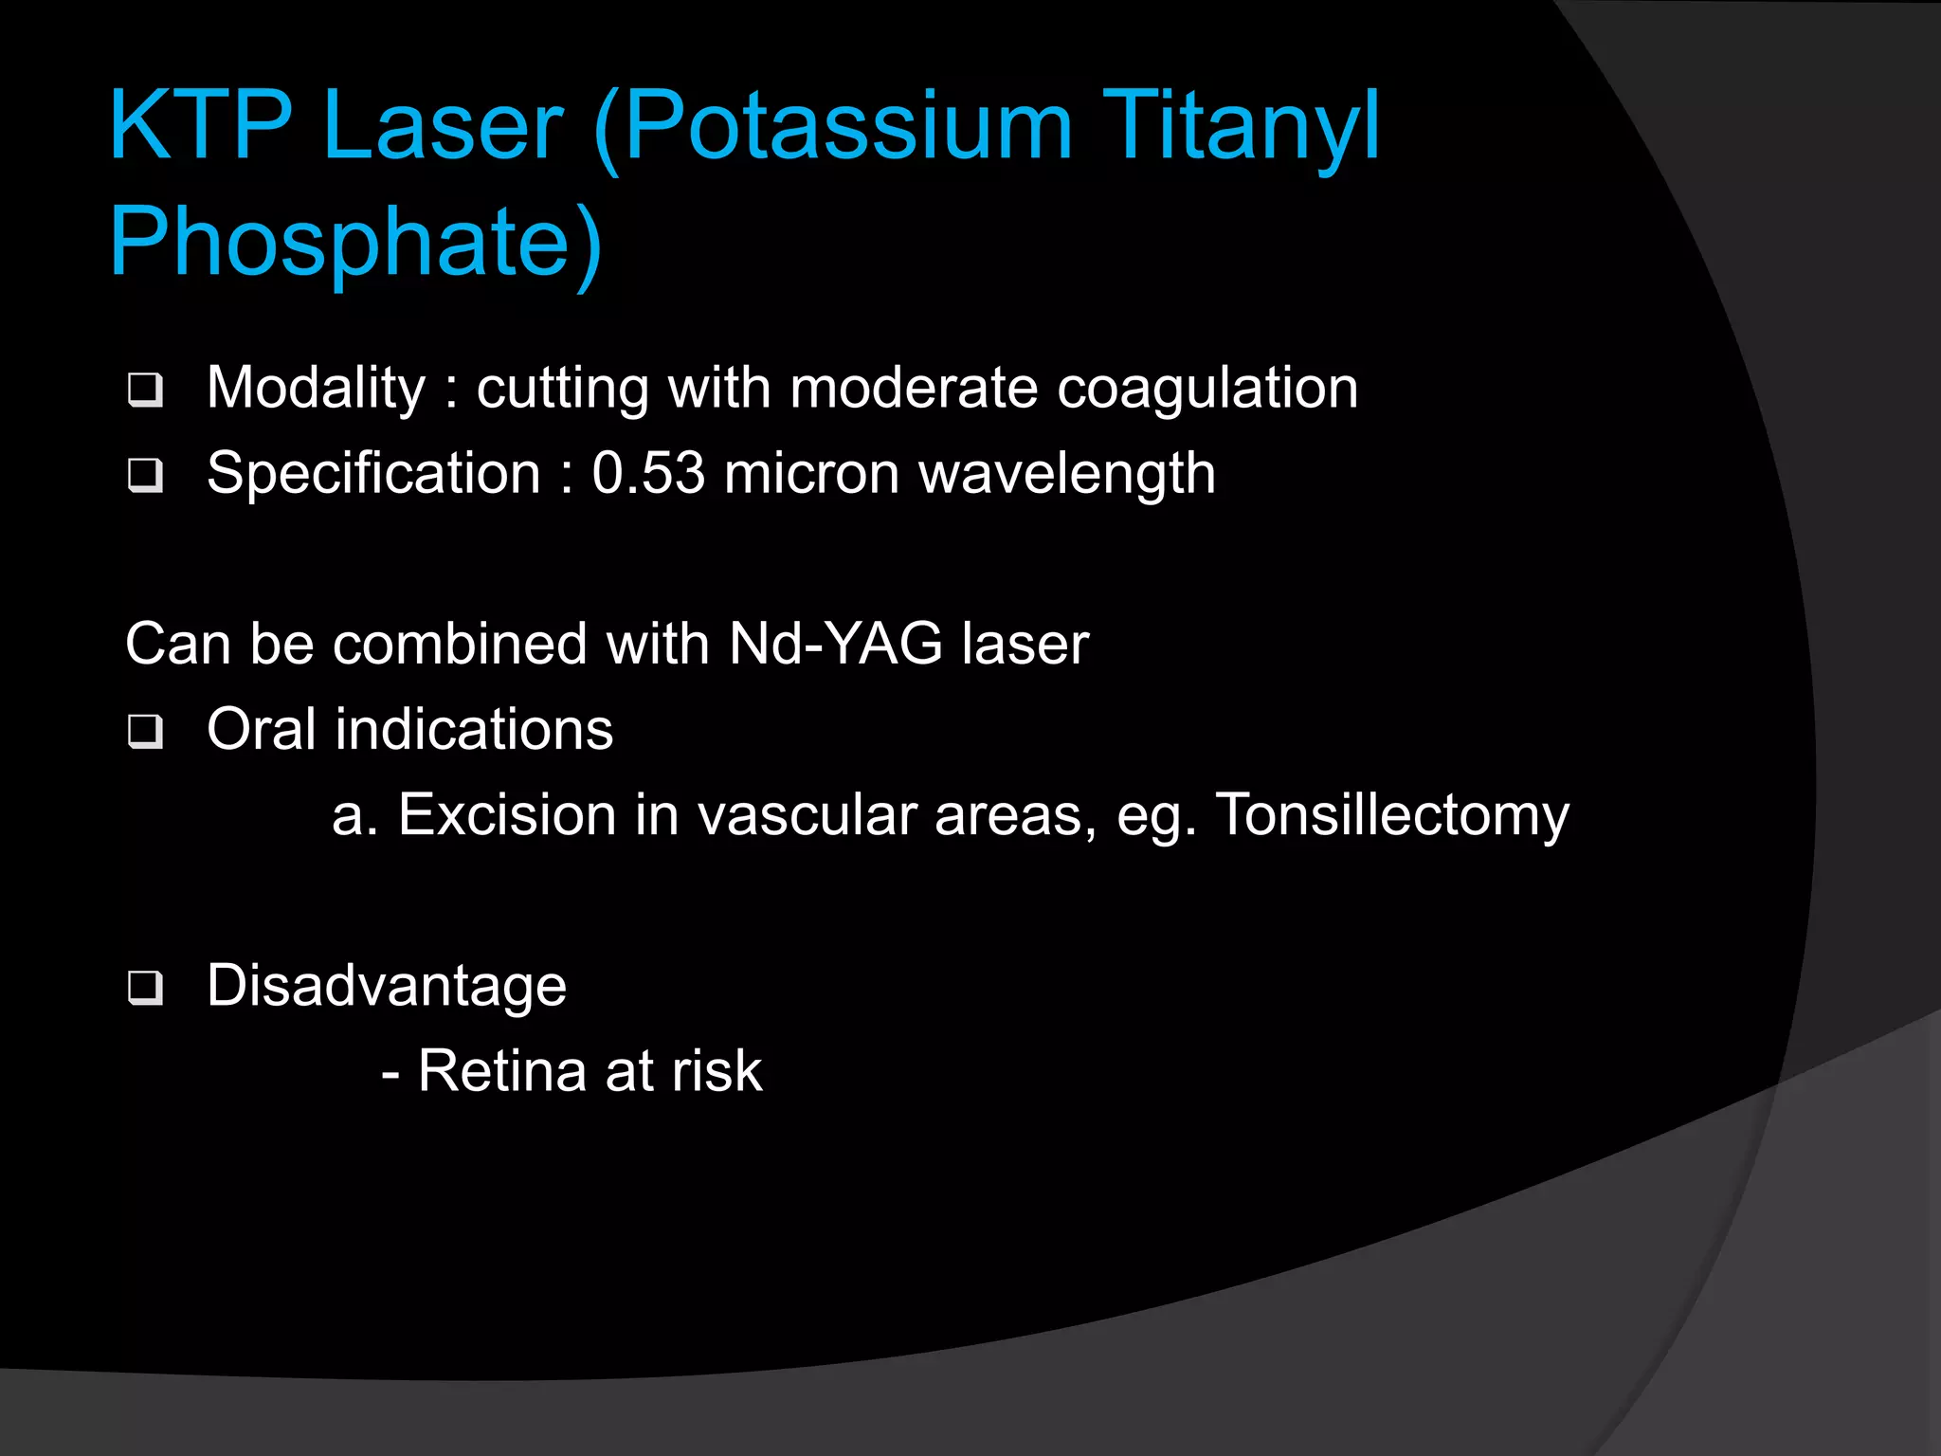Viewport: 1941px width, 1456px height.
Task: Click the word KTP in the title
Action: (200, 125)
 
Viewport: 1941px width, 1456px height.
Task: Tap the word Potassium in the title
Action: (848, 125)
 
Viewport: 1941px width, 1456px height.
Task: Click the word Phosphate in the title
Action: (341, 242)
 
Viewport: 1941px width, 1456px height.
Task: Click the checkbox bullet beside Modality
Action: (145, 390)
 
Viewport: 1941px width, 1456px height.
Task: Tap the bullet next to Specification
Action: (145, 475)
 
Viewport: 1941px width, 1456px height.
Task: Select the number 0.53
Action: (648, 473)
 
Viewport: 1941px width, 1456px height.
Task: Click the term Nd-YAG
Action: (836, 645)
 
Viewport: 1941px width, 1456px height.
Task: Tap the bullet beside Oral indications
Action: (145, 731)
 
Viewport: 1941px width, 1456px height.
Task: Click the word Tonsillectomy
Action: (1392, 816)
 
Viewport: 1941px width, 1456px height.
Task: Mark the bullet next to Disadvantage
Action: (145, 988)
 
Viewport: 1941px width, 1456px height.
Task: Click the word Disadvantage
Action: (387, 986)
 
